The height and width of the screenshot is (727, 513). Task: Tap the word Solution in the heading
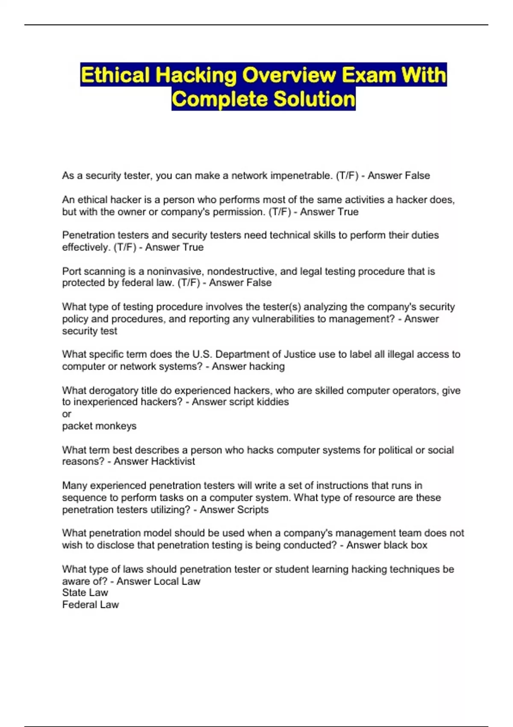coord(314,99)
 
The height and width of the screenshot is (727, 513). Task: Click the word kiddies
coord(272,402)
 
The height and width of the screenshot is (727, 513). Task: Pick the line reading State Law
coord(85,593)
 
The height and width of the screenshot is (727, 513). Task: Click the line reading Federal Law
coord(90,605)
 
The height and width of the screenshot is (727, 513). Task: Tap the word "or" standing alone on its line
coord(67,414)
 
